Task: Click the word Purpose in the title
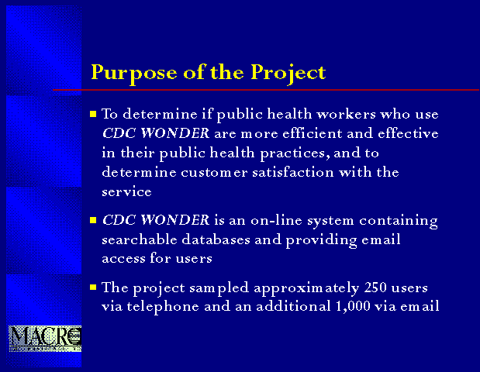pos(134,74)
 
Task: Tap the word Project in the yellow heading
pos(288,74)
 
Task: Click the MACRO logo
pos(45,339)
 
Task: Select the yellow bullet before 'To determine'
pos(93,115)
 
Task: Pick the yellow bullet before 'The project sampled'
pos(93,288)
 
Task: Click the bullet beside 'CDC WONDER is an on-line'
pos(93,220)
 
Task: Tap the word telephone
pos(163,307)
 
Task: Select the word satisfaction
pos(293,172)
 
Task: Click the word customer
pos(214,173)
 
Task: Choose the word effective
pos(408,133)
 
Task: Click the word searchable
pos(140,239)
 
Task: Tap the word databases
pos(216,239)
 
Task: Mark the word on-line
pos(276,220)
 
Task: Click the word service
pos(126,192)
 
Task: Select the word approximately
pos(306,288)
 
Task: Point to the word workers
pos(346,114)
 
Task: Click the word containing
pos(399,221)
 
